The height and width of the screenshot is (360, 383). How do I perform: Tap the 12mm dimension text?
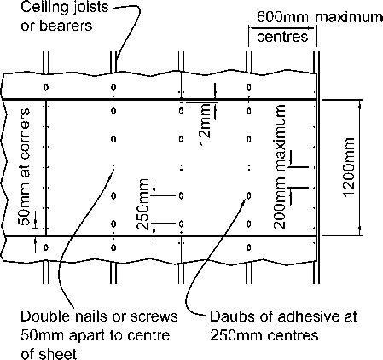pos(206,125)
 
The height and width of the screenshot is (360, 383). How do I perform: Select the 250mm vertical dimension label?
pos(142,204)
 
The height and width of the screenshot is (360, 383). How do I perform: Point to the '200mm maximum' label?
pos(280,166)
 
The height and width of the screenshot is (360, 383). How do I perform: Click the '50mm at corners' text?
pos(24,166)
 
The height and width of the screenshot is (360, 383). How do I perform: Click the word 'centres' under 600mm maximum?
pos(282,37)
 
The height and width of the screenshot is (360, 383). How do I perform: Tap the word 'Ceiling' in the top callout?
pos(39,7)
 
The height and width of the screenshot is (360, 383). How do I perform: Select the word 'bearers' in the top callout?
pos(66,26)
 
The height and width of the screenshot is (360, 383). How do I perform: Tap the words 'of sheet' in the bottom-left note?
pos(49,354)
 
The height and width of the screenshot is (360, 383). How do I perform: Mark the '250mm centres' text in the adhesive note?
pos(264,335)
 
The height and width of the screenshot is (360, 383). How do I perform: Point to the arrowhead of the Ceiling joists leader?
pos(117,60)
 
